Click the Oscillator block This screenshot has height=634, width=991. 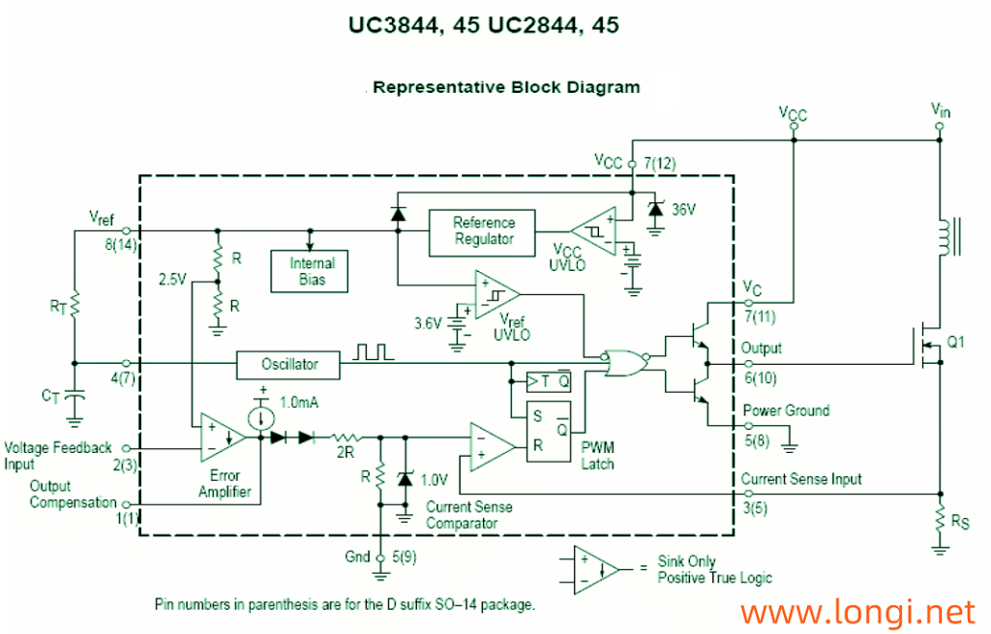point(289,365)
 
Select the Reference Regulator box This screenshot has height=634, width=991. point(484,230)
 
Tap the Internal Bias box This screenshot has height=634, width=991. point(312,271)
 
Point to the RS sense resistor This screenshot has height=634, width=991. point(939,520)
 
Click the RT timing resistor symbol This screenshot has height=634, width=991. point(74,307)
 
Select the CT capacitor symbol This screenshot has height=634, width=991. point(75,397)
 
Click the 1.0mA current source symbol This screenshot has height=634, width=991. point(260,418)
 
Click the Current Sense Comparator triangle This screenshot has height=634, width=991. point(492,444)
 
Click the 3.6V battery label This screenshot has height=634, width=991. point(427,322)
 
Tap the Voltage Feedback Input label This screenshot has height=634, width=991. point(58,455)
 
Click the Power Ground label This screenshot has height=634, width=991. point(785,410)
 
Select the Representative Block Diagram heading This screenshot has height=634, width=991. point(506,87)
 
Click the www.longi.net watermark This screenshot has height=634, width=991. point(857,612)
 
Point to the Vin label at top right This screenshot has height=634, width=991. point(940,109)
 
